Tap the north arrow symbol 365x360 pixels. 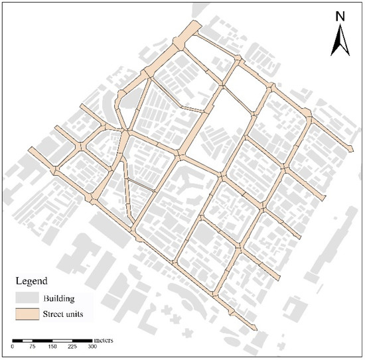pos(340,40)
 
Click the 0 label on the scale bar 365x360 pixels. pos(13,347)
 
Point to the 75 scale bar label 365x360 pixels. pos(33,347)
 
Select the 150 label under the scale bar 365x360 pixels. pos(52,347)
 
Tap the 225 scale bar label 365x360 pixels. pos(72,347)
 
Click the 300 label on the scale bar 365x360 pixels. pos(92,347)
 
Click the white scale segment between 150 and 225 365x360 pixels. pos(62,340)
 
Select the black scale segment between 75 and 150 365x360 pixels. pos(42,340)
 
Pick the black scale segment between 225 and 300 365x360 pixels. pos(82,340)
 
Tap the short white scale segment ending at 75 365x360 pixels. pos(28,340)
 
